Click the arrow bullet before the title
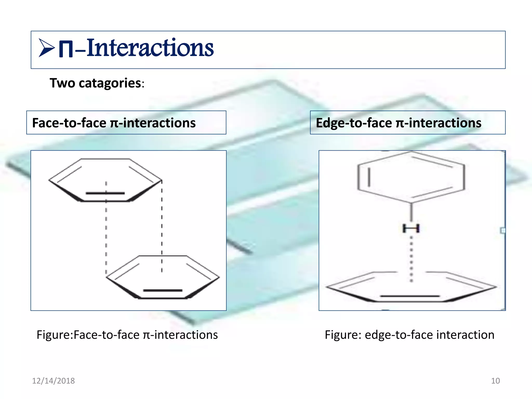click(x=46, y=48)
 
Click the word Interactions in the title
click(x=150, y=48)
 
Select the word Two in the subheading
click(x=62, y=83)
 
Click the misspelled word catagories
click(x=110, y=83)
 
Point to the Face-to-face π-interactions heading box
click(x=126, y=123)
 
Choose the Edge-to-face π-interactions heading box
click(x=408, y=123)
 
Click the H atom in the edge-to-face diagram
click(x=411, y=229)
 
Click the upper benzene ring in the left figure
click(x=105, y=180)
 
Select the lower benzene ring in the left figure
click(x=163, y=277)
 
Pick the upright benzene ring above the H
click(x=411, y=177)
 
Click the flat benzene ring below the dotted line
click(x=411, y=287)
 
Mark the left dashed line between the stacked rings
click(x=106, y=234)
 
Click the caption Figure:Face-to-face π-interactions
click(x=127, y=335)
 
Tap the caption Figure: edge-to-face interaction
click(x=409, y=335)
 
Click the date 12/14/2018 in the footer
click(x=53, y=381)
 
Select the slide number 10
click(x=495, y=381)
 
